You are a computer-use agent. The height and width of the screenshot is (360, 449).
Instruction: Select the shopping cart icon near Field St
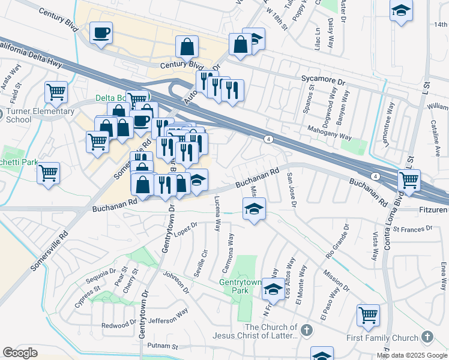pyautogui.click(x=56, y=92)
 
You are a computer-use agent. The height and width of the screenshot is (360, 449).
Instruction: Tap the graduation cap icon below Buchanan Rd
pyautogui.click(x=254, y=209)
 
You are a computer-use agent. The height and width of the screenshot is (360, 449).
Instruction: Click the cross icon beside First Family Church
pyautogui.click(x=427, y=337)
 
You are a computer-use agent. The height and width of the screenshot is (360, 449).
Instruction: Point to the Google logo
pyautogui.click(x=20, y=353)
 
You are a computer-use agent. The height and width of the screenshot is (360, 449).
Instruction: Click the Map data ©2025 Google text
pyautogui.click(x=412, y=355)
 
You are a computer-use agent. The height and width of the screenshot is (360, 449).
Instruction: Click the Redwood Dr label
pyautogui.click(x=119, y=324)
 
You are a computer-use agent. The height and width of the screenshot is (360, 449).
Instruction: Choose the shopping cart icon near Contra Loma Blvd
pyautogui.click(x=409, y=180)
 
